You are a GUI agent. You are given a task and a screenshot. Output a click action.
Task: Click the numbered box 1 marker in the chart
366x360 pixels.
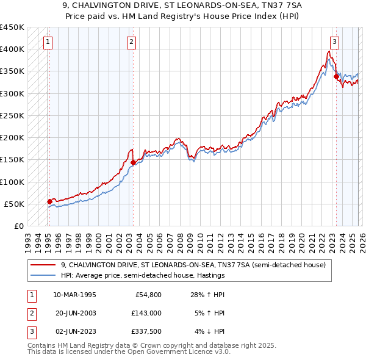[48, 42]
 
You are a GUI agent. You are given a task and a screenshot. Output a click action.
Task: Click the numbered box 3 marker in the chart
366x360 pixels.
[335, 42]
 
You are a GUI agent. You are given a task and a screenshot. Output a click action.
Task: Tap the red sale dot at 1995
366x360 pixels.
[49, 201]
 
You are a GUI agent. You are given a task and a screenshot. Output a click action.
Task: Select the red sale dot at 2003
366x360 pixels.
[133, 162]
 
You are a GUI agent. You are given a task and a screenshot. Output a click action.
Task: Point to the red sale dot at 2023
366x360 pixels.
[335, 76]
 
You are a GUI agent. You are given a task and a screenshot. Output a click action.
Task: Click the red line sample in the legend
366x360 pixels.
[43, 265]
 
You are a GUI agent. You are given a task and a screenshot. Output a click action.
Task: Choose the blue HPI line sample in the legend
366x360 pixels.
[43, 275]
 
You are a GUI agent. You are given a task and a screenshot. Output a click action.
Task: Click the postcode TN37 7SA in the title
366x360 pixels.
[266, 5]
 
